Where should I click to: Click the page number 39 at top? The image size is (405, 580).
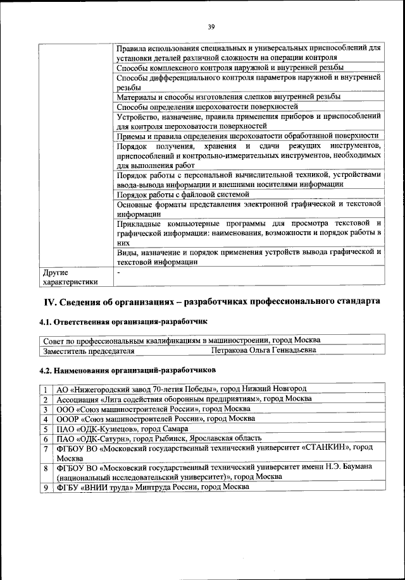click(x=211, y=26)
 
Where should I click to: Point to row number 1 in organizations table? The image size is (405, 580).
click(x=46, y=389)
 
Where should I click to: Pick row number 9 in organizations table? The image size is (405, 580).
click(x=46, y=487)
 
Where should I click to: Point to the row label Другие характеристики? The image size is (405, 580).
click(x=70, y=278)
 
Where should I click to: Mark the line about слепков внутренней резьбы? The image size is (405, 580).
click(x=228, y=97)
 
